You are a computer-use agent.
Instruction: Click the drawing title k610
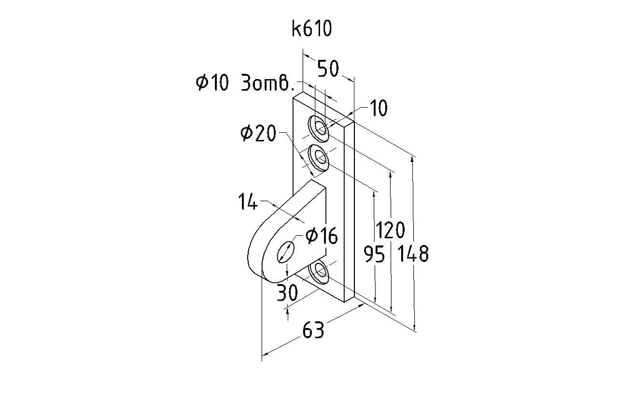[x=312, y=29]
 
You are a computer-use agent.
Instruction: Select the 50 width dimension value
[x=328, y=68]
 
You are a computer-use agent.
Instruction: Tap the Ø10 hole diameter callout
[x=212, y=83]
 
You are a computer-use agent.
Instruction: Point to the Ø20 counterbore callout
[x=258, y=134]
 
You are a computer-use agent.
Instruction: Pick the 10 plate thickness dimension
[x=378, y=109]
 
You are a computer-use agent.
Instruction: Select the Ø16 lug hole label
[x=321, y=236]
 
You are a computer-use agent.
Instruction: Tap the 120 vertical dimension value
[x=390, y=231]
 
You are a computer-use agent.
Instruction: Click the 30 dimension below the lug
[x=287, y=293]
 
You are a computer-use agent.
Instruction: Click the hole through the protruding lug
[x=286, y=252]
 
